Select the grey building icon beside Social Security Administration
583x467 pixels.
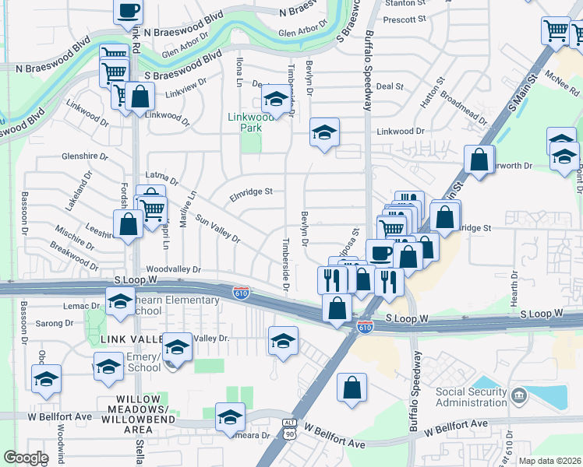tap(518, 398)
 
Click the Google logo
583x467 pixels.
tap(26, 458)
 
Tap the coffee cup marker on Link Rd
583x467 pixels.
tap(129, 12)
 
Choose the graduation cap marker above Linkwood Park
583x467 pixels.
tap(274, 100)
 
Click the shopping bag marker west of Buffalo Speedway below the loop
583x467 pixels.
tap(352, 387)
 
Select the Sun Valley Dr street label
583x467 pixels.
tap(217, 229)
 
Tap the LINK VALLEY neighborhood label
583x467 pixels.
tap(129, 339)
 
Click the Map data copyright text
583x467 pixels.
tap(549, 461)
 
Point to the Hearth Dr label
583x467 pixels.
tap(514, 293)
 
